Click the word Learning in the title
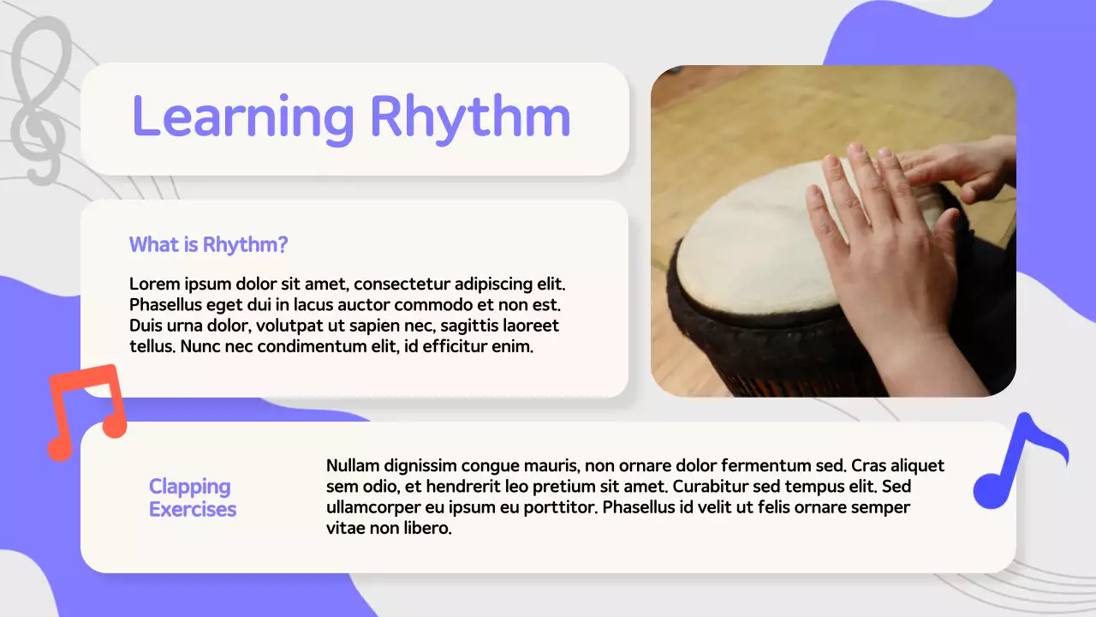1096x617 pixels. [242, 117]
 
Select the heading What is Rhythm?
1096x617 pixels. [208, 245]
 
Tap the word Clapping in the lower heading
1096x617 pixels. [189, 487]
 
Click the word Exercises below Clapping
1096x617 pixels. [193, 509]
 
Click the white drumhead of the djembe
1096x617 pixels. [753, 249]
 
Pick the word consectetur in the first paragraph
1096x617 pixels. [401, 284]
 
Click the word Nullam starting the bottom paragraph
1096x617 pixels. [352, 466]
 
